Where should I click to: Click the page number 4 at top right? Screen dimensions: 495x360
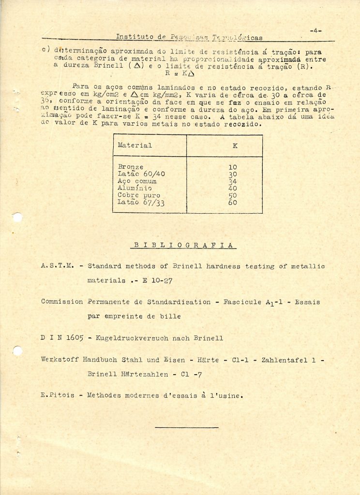coord(316,31)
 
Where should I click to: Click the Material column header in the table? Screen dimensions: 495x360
coord(135,145)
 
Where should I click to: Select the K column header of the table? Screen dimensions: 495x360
coord(235,146)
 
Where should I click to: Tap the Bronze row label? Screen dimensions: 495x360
coord(130,167)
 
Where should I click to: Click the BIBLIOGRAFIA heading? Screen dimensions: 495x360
coord(183,245)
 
